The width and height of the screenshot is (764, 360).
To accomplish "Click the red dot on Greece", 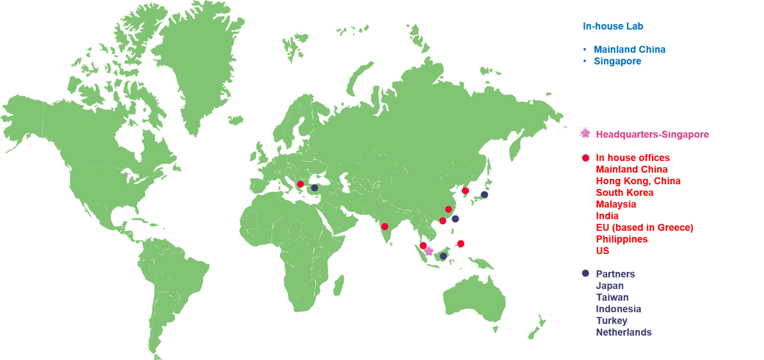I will pyautogui.click(x=300, y=184).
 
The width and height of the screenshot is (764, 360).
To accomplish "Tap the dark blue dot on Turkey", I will pyautogui.click(x=315, y=188).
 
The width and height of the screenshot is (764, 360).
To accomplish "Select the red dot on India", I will pyautogui.click(x=385, y=226).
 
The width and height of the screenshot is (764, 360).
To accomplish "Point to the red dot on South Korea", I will pyautogui.click(x=466, y=191).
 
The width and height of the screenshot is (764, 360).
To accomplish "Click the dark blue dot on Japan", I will pyautogui.click(x=485, y=194).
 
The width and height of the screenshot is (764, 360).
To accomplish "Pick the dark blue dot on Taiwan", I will pyautogui.click(x=455, y=219).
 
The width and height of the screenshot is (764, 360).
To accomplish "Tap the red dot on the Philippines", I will pyautogui.click(x=461, y=244).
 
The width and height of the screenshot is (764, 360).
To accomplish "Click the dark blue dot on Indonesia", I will pyautogui.click(x=443, y=256).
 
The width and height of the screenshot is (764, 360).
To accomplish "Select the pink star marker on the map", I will pyautogui.click(x=429, y=251).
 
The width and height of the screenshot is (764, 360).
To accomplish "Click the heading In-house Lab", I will pyautogui.click(x=613, y=26).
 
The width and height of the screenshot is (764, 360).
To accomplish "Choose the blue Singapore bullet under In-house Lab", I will pyautogui.click(x=617, y=61).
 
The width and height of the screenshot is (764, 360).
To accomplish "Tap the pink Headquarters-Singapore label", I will pyautogui.click(x=652, y=135).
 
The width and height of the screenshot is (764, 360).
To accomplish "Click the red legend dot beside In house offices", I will pyautogui.click(x=586, y=158).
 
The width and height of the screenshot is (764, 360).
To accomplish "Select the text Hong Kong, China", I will pyautogui.click(x=638, y=181).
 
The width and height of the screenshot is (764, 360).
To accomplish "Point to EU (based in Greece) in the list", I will pyautogui.click(x=645, y=227).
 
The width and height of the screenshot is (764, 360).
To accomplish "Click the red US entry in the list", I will pyautogui.click(x=603, y=251).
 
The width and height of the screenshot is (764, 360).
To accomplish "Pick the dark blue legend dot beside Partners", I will pyautogui.click(x=586, y=273).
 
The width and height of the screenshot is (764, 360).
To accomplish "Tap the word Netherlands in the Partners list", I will pyautogui.click(x=624, y=332).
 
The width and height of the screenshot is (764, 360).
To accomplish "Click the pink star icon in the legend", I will pyautogui.click(x=585, y=133).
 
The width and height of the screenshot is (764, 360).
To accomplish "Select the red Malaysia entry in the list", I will pyautogui.click(x=616, y=204).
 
